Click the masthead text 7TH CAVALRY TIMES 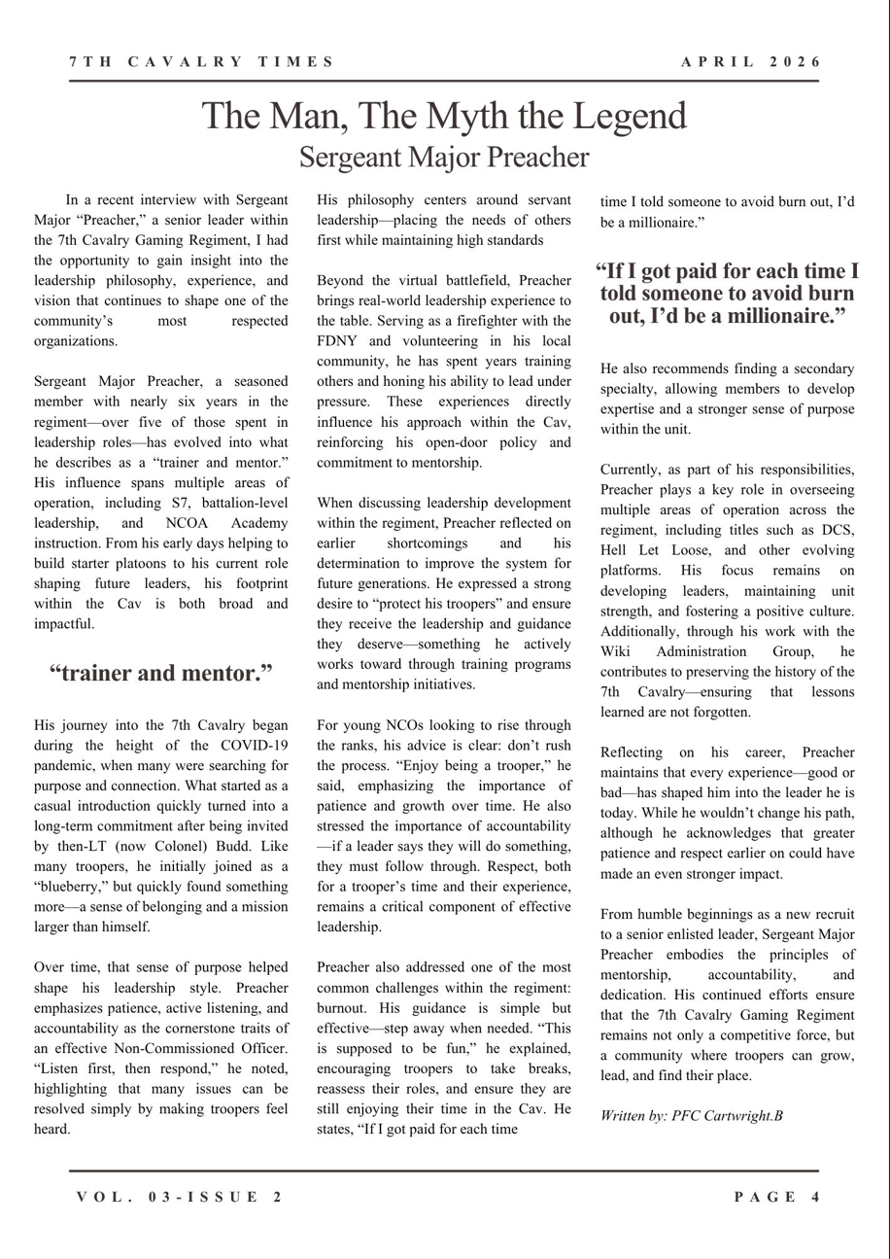click(x=202, y=62)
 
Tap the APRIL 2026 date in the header click(x=750, y=62)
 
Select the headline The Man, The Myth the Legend click(x=444, y=117)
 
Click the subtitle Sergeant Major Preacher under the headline click(x=444, y=157)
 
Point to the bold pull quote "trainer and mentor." click(x=160, y=673)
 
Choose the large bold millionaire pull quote click(x=728, y=294)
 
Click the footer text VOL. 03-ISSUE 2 click(x=181, y=1197)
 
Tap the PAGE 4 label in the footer click(x=777, y=1197)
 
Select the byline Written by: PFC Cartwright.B click(x=692, y=1116)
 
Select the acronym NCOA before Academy click(x=206, y=523)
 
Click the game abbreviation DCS click(x=837, y=530)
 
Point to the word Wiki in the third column click(x=615, y=651)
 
